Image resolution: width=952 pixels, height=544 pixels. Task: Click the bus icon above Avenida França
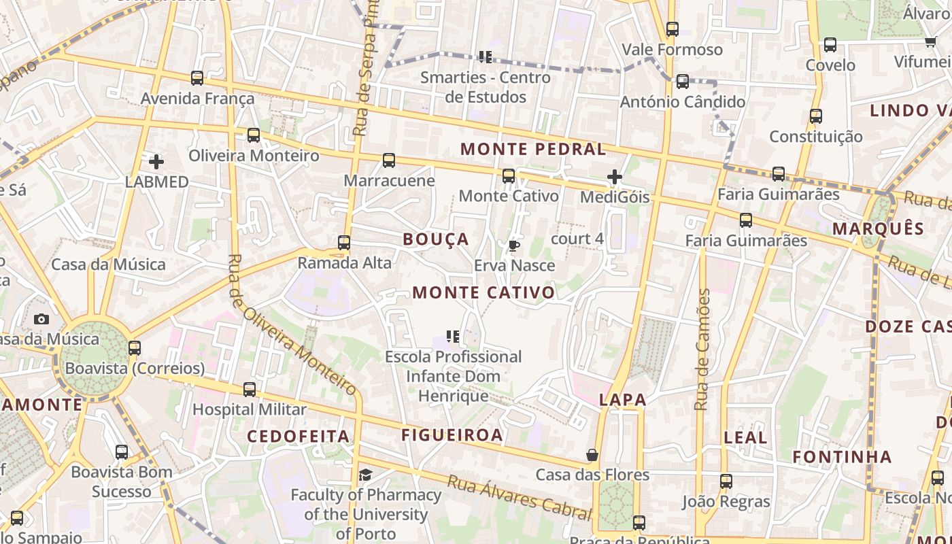[x=197, y=78]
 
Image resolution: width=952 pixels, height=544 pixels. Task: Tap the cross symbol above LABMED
[x=156, y=162]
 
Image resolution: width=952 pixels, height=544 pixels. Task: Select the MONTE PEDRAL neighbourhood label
[x=532, y=149]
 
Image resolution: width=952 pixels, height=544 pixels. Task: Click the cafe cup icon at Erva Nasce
[x=514, y=245]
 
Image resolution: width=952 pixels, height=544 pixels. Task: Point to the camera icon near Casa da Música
[x=41, y=319]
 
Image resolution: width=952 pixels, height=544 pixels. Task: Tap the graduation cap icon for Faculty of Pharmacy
[x=366, y=475]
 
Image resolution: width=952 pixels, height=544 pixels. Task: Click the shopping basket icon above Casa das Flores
[x=592, y=455]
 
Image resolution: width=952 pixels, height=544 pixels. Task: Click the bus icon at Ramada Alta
[x=344, y=243]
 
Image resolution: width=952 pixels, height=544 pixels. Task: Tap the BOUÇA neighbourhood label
[x=436, y=239]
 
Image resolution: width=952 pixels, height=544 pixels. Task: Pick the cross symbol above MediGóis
[x=615, y=177]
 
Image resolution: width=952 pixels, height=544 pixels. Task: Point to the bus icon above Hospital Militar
[x=250, y=390]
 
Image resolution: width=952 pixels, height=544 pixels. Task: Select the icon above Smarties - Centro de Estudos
[x=485, y=57]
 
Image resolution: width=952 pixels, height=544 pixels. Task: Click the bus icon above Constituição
[x=816, y=116]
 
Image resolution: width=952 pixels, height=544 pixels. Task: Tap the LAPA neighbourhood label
[x=622, y=400]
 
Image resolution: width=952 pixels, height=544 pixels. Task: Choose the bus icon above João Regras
[x=726, y=481]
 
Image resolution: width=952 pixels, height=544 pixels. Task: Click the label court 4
[x=577, y=239]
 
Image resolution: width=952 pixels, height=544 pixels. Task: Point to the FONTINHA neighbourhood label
[x=842, y=456]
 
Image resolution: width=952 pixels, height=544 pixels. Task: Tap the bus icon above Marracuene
[x=389, y=160]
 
